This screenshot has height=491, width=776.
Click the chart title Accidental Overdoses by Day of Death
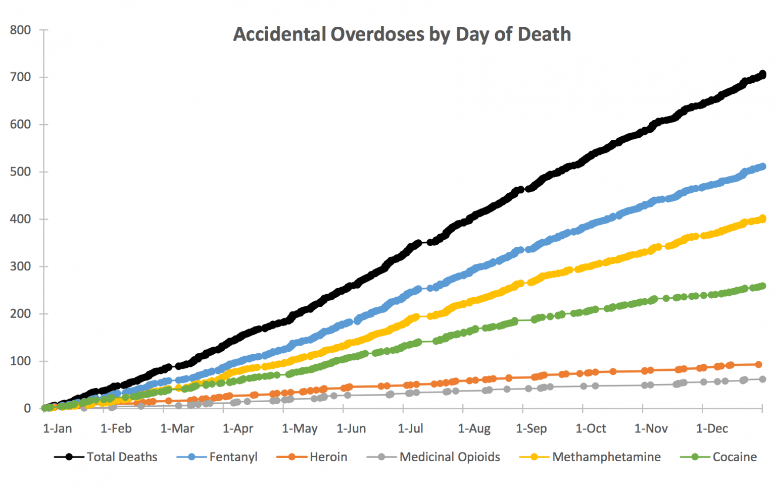point(402,34)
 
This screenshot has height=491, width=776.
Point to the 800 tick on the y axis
point(20,30)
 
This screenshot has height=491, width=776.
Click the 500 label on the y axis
point(20,172)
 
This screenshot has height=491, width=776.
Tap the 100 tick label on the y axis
point(20,361)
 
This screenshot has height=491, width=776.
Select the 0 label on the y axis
point(27,408)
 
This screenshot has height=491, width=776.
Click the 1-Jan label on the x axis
point(57,429)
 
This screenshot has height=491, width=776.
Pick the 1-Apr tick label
point(238,429)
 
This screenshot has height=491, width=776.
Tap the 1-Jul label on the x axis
point(410,429)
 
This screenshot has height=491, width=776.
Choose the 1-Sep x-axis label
point(531,429)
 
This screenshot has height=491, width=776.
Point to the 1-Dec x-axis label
point(712,429)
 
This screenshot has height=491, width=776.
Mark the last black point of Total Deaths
point(762,75)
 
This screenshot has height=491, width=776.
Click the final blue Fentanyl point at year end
point(762,167)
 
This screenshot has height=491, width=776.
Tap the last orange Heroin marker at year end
point(758,364)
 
